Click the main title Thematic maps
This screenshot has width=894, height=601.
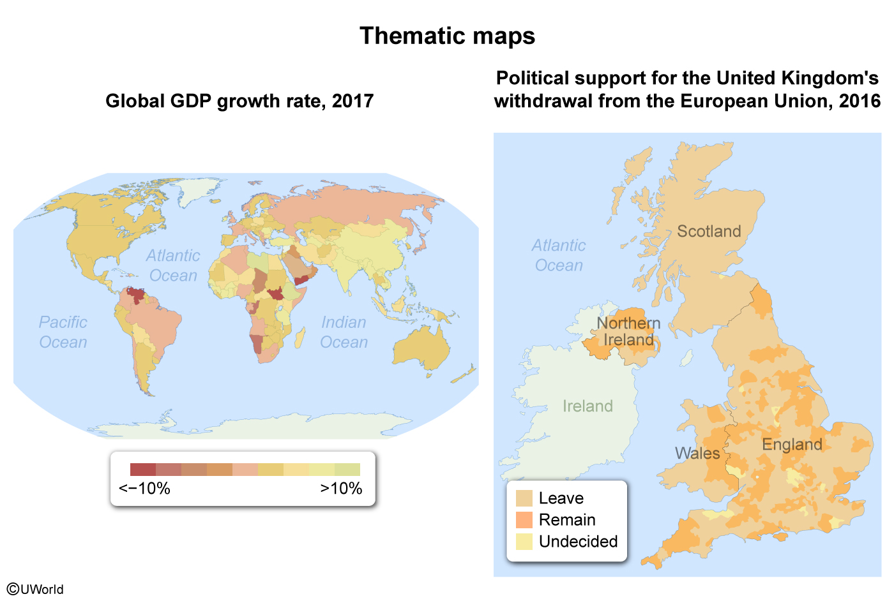[x=447, y=36]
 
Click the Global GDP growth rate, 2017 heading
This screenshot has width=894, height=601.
[x=239, y=101]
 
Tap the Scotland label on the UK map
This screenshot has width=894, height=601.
[x=709, y=231]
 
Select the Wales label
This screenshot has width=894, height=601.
[x=697, y=453]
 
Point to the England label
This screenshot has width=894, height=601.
[x=792, y=444]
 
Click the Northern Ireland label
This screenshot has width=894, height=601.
[x=628, y=331]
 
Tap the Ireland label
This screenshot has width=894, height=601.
[x=587, y=406]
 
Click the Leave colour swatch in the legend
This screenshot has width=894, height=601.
[x=524, y=498]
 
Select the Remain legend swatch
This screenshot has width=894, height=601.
[x=524, y=520]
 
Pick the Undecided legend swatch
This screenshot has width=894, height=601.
[x=524, y=542]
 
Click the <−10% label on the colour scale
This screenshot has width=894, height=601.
[x=144, y=489]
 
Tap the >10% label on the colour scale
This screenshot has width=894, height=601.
[x=341, y=489]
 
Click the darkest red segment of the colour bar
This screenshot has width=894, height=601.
[x=142, y=470]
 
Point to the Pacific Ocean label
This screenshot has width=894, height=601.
[x=63, y=332]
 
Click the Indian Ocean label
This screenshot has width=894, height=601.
[x=344, y=332]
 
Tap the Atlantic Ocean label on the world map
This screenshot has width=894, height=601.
[x=172, y=265]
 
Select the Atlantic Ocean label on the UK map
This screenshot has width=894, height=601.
[x=559, y=255]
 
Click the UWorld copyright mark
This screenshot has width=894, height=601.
[x=36, y=589]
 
